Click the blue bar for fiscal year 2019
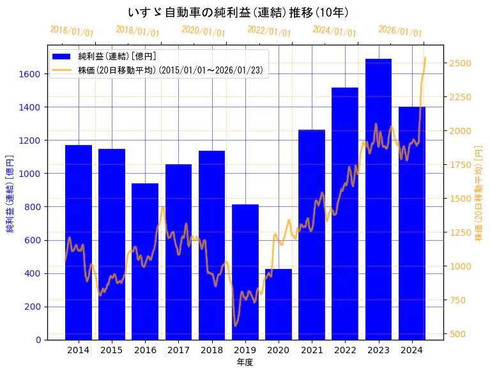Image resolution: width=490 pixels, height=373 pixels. coord(245,272)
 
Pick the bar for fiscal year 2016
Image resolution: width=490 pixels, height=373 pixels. coord(145,261)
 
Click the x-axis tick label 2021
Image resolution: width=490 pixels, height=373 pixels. coord(312,350)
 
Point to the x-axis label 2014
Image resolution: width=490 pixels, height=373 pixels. coord(79,350)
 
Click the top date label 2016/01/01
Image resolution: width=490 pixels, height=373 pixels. coord(72,31)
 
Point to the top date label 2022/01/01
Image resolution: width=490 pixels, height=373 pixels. coord(269,31)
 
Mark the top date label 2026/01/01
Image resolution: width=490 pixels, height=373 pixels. coord(400,31)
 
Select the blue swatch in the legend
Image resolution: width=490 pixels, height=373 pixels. coord(65,56)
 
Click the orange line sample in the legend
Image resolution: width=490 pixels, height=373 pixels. coord(65,70)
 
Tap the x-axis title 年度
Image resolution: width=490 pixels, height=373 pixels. coord(245,362)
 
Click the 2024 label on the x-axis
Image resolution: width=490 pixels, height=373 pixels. coord(411,350)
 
